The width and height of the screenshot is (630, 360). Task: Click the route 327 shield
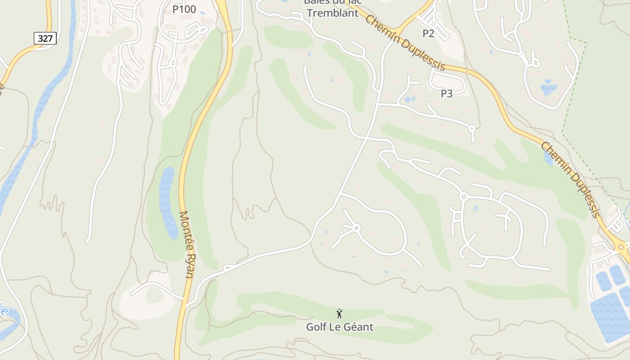(x=45, y=38)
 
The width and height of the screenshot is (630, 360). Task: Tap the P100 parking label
(x=184, y=9)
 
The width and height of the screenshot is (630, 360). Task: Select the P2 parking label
(x=428, y=33)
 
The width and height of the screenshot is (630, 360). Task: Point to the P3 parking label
(x=446, y=94)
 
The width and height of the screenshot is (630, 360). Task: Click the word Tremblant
(x=333, y=13)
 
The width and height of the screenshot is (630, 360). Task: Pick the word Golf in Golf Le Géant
(x=316, y=327)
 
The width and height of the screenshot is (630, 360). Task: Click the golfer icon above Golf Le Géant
(x=340, y=314)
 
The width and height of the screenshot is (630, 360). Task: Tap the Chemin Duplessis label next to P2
(x=405, y=43)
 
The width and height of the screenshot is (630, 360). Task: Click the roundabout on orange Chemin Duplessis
(x=621, y=247)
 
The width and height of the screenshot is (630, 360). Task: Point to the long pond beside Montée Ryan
(x=167, y=202)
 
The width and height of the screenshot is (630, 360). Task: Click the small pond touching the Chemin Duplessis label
(x=548, y=157)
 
